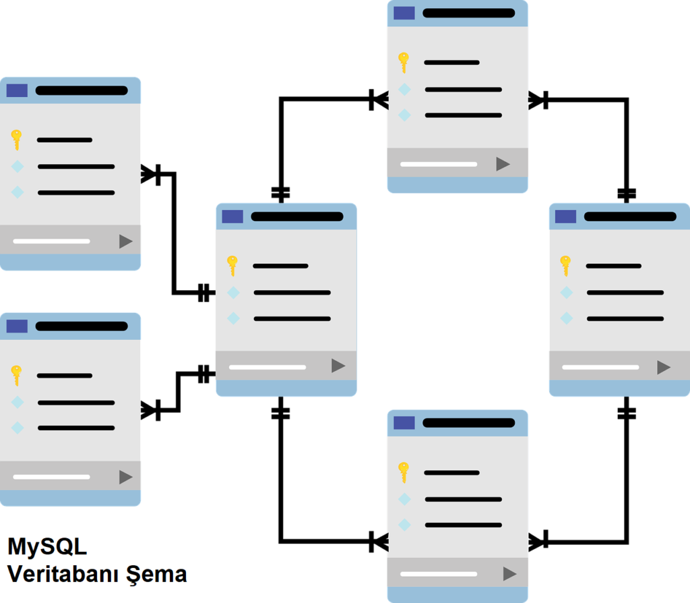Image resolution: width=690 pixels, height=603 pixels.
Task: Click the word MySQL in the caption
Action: point(47,546)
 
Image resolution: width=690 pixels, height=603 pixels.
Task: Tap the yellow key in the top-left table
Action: point(17,140)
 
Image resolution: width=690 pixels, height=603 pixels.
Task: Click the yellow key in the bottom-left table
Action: point(17,375)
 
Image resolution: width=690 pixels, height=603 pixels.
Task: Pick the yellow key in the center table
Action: point(232,266)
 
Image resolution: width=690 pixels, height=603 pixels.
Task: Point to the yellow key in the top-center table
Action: point(404,63)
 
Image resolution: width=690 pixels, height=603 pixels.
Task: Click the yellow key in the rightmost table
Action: point(565,266)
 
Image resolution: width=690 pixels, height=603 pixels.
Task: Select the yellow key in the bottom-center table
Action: point(404,472)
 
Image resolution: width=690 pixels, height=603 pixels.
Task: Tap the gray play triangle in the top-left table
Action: point(126,241)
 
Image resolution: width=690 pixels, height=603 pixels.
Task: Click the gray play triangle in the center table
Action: point(338,366)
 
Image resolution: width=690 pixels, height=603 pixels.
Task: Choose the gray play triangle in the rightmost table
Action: point(664,368)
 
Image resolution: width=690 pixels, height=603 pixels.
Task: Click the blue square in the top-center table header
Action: point(404,13)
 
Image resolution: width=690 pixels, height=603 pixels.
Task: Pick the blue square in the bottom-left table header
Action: point(17,326)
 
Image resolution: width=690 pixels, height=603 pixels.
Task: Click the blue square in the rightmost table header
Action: point(566,217)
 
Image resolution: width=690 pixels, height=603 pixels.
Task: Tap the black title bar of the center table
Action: point(297,217)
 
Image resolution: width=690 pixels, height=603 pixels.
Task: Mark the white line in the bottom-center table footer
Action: point(439,575)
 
